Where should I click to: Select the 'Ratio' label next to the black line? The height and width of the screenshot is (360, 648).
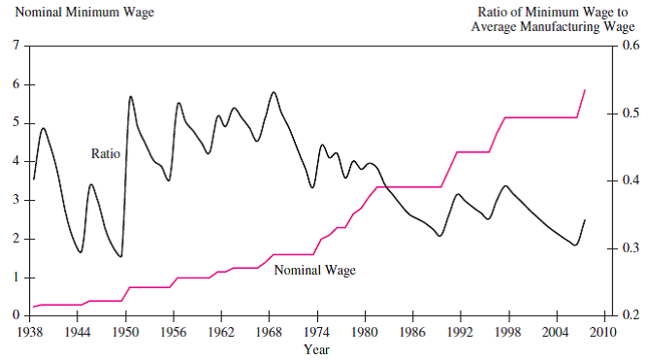click(106, 153)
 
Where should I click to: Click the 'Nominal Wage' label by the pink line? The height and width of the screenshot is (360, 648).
click(315, 270)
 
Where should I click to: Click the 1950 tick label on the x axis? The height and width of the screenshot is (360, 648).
click(125, 332)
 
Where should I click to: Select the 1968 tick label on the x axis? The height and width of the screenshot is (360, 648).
click(269, 332)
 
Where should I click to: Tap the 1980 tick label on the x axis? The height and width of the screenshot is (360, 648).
click(365, 332)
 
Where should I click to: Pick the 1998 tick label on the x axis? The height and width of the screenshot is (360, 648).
click(508, 332)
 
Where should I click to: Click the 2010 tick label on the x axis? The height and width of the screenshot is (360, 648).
click(603, 332)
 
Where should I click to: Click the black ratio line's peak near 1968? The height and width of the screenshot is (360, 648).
click(274, 92)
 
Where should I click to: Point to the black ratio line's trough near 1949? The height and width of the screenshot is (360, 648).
click(120, 257)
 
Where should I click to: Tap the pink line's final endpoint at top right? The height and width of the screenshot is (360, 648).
click(585, 90)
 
